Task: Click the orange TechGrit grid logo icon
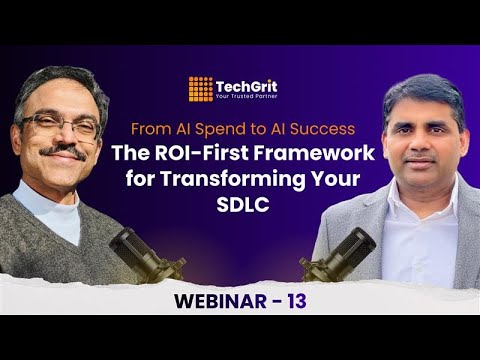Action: click(x=200, y=88)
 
